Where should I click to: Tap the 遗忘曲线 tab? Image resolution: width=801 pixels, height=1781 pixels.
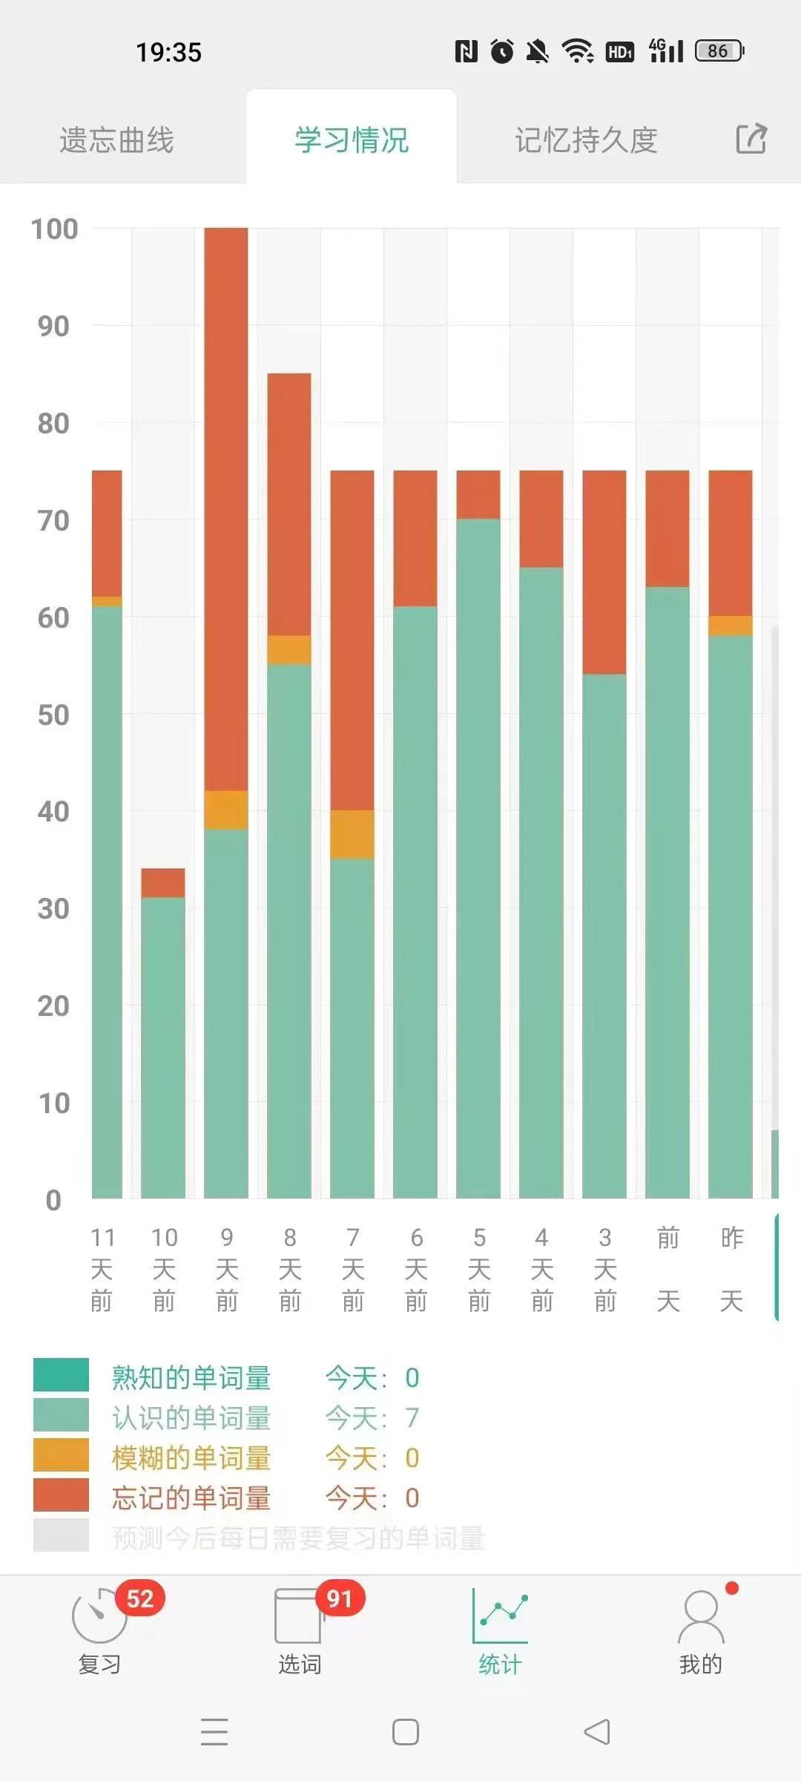pos(116,140)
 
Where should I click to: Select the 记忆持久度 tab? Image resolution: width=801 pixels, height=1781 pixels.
pos(586,140)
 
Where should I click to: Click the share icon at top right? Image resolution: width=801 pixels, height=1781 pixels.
pos(751,139)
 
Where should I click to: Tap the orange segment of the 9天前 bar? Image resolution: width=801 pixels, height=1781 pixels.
pos(226,508)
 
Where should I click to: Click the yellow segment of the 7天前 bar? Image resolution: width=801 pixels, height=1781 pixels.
pos(352,834)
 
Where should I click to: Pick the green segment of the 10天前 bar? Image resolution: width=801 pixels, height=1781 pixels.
pos(163,1046)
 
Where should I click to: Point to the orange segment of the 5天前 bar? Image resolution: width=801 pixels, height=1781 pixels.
pos(478,494)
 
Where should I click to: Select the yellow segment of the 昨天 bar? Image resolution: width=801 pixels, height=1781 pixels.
pos(731,626)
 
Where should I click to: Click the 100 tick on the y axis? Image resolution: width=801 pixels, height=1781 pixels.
pos(54,229)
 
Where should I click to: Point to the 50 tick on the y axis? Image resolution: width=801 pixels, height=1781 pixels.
pos(53,715)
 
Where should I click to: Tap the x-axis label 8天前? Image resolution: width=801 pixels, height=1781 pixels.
pos(289,1269)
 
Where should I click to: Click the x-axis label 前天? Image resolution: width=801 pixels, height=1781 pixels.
pos(668,1269)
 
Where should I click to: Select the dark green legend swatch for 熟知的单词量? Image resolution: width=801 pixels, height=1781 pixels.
pos(61,1374)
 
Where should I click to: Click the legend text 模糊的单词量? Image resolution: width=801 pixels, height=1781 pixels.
pos(191,1458)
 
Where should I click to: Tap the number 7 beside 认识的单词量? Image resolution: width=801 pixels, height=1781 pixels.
pos(412,1418)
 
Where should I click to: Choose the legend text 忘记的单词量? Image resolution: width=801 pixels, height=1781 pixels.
pos(191,1498)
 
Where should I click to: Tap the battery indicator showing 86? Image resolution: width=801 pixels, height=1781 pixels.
pos(719,51)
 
